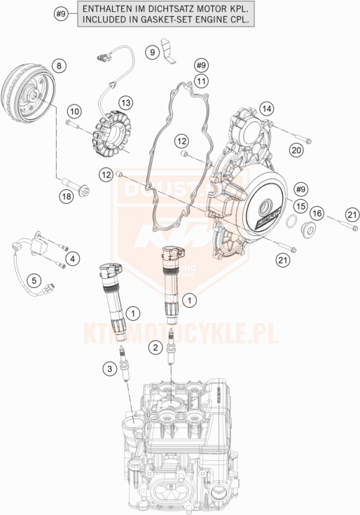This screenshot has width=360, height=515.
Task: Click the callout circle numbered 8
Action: click(x=59, y=66)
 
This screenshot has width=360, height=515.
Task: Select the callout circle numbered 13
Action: click(x=125, y=103)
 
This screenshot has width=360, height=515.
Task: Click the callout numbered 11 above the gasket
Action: click(x=202, y=81)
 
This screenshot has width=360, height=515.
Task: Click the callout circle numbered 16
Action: click(x=317, y=213)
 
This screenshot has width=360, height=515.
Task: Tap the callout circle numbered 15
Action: click(x=301, y=206)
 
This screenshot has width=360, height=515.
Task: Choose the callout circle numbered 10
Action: click(x=74, y=111)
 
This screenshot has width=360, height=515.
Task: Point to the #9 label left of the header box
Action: click(x=62, y=14)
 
